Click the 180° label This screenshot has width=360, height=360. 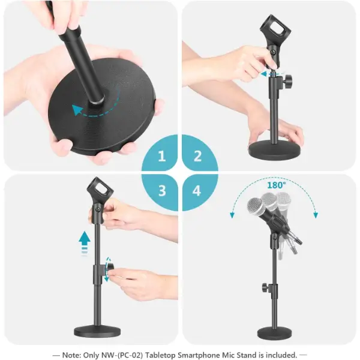[x=277, y=185]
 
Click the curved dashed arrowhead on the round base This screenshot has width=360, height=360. [x=77, y=110]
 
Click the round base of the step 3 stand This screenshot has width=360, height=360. [x=94, y=331]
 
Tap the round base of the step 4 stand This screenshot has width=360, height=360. [x=275, y=334]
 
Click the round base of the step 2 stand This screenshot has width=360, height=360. [x=275, y=149]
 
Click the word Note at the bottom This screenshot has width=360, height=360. [x=71, y=355]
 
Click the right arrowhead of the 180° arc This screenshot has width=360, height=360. [x=316, y=215]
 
